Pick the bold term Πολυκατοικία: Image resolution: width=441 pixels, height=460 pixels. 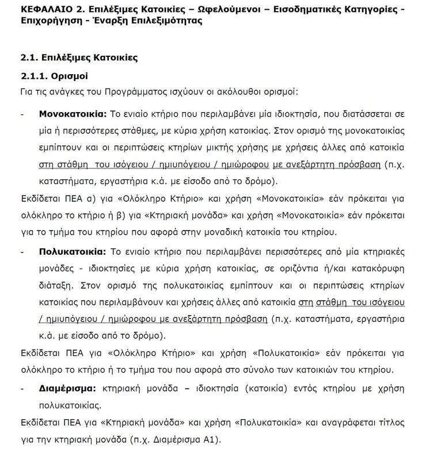[x=71, y=254]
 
